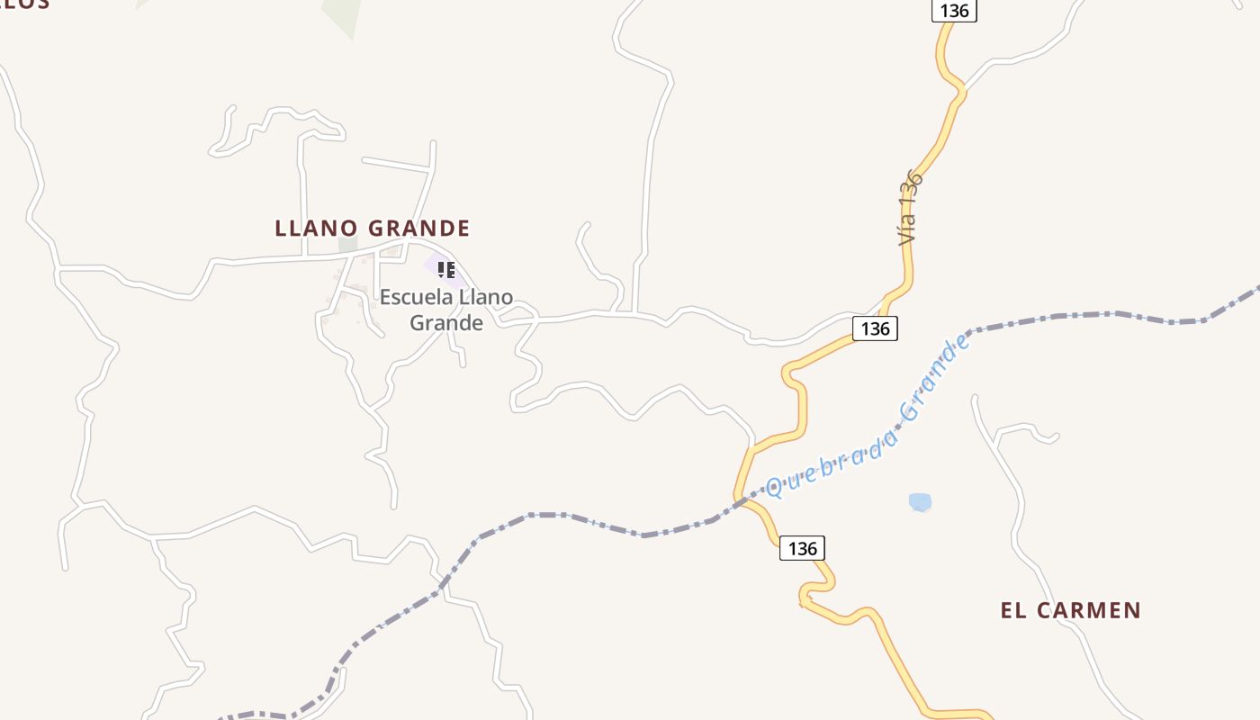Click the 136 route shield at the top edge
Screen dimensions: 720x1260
tap(954, 11)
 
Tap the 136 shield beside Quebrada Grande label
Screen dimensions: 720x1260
tap(875, 328)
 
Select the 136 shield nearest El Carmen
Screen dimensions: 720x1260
tap(802, 547)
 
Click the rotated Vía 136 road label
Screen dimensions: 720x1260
tap(910, 208)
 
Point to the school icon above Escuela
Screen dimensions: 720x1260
tap(446, 269)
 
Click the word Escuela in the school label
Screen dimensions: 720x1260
tap(417, 297)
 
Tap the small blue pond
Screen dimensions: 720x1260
tap(920, 501)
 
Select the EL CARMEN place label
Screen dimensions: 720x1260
tap(1070, 610)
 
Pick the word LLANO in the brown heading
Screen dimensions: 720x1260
tap(316, 228)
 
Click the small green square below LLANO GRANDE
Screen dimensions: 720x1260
tap(347, 244)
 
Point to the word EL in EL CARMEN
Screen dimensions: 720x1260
tap(1013, 610)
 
